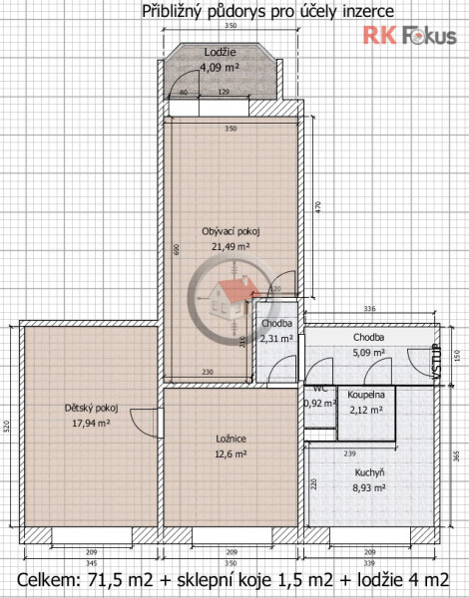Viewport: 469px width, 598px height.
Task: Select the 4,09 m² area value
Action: click(220, 67)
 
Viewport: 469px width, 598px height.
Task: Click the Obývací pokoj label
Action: click(231, 231)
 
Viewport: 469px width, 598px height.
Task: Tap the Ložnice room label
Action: click(232, 439)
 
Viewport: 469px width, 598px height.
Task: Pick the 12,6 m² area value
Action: click(232, 453)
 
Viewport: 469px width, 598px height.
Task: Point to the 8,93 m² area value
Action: click(369, 488)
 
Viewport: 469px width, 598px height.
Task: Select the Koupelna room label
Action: click(366, 395)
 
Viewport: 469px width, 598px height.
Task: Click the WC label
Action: click(320, 389)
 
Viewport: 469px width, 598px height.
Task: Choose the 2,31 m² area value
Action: click(276, 339)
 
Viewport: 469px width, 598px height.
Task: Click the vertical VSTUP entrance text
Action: click(434, 361)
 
